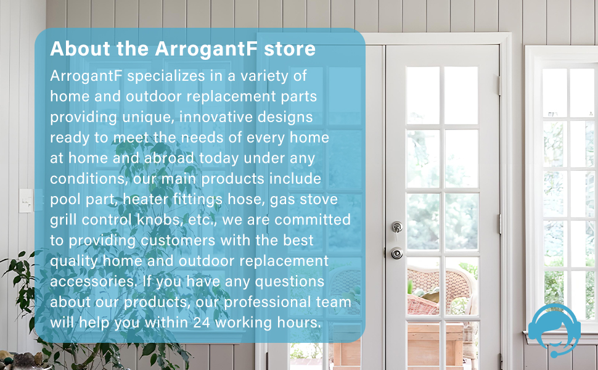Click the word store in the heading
[x=290, y=49]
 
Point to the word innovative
[x=225, y=117]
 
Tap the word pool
[x=64, y=200]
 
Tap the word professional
[x=264, y=302]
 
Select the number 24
[x=201, y=323]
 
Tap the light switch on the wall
[x=26, y=200]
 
